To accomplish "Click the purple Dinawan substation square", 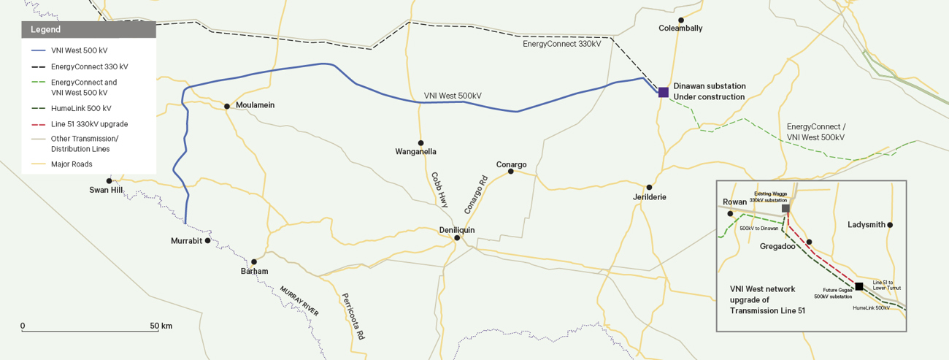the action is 663,92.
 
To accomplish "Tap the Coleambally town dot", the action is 680,20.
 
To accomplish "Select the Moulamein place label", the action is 255,105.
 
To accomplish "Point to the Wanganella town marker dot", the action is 420,143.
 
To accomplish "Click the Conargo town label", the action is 511,164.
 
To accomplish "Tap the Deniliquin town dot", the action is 457,237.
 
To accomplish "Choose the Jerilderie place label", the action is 649,197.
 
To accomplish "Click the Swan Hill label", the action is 106,190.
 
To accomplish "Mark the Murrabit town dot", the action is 208,240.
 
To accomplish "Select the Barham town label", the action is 254,272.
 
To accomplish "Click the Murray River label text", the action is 299,301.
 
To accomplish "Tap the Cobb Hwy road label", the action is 439,191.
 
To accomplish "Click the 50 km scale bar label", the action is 161,326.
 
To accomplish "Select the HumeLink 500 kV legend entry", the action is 81,108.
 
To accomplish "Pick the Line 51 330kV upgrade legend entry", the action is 89,123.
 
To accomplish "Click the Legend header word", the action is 46,30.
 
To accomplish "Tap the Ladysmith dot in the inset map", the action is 890,225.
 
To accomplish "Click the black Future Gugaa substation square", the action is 859,286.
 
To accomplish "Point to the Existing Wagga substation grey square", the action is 785,208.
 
